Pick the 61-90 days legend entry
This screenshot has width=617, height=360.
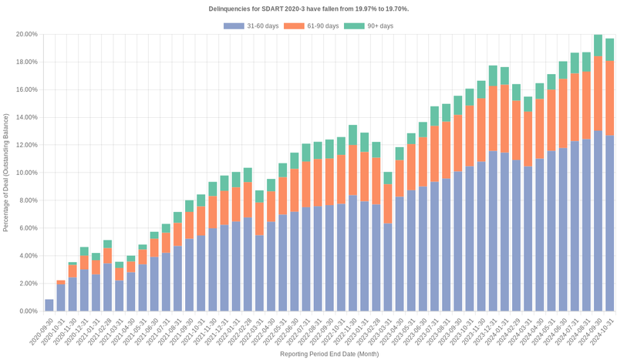pyautogui.click(x=311, y=26)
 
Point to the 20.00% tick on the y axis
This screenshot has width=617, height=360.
pyautogui.click(x=27, y=35)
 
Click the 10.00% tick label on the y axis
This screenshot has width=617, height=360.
pyautogui.click(x=27, y=173)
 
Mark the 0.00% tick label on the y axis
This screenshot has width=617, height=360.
pyautogui.click(x=29, y=311)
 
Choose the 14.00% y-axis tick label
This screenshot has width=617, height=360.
pyautogui.click(x=27, y=117)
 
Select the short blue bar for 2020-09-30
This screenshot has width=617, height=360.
pyautogui.click(x=49, y=305)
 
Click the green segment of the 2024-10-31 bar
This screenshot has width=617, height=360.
pyautogui.click(x=609, y=49)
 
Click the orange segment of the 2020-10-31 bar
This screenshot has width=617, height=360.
pyautogui.click(x=61, y=283)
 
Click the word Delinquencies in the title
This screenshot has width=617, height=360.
pyautogui.click(x=231, y=8)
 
